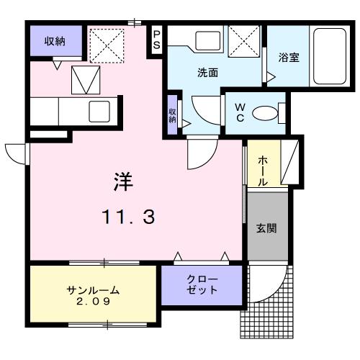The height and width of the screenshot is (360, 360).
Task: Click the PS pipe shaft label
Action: tap(156, 40)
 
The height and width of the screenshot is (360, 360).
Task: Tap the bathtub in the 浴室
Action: tap(330, 56)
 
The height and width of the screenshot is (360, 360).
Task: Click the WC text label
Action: tap(240, 112)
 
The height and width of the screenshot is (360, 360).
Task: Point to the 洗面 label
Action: tap(208, 73)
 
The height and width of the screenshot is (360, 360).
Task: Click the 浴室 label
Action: tap(289, 58)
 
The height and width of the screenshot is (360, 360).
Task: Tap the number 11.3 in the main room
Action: tap(128, 217)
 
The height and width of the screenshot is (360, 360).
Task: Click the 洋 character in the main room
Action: tap(123, 181)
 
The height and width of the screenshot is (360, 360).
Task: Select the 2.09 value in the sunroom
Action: tap(94, 301)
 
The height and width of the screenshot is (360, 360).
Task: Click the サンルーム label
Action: tap(93, 290)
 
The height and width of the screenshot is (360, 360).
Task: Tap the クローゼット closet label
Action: tap(202, 284)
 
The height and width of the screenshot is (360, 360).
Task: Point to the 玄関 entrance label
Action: tap(266, 228)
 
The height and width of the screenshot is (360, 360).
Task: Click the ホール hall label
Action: tap(263, 171)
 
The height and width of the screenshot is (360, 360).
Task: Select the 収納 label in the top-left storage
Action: tap(55, 41)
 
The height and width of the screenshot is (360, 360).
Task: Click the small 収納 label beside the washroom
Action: tap(172, 115)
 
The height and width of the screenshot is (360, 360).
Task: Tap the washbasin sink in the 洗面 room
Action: tap(208, 40)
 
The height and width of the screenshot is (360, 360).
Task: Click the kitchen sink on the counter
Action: tap(99, 112)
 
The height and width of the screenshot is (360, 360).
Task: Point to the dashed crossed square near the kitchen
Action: tap(107, 46)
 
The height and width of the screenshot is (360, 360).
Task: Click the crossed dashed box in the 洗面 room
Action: tap(244, 41)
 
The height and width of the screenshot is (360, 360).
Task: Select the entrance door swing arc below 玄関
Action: tap(276, 292)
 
